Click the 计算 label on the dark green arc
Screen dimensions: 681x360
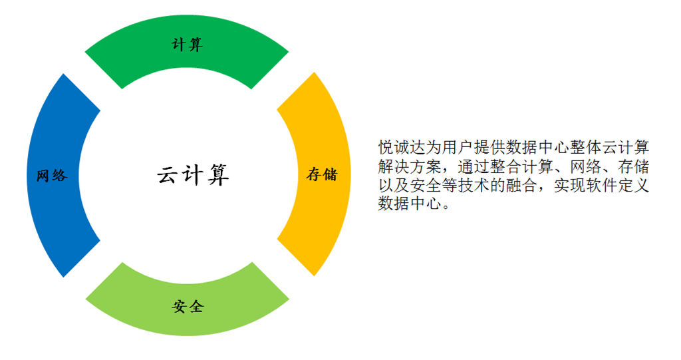tap(188, 45)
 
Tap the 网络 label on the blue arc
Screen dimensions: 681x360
tap(52, 176)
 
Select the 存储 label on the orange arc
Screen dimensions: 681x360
tap(322, 174)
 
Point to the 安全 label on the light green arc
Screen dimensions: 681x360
tap(188, 307)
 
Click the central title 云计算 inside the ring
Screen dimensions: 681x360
tap(194, 175)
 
